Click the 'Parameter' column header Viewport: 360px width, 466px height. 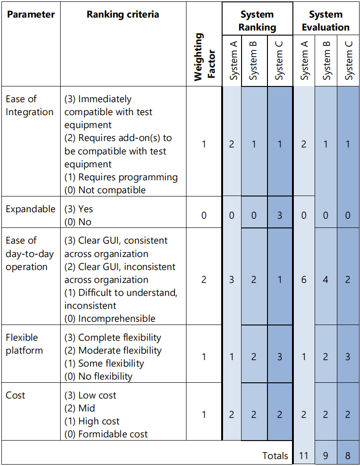point(31,14)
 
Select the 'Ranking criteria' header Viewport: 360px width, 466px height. point(123,14)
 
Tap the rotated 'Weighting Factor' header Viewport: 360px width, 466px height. point(204,57)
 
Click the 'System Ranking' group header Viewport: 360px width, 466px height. point(257,21)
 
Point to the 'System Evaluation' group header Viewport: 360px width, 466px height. point(326,21)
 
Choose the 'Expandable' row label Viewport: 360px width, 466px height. point(31,209)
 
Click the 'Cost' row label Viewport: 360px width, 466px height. point(16,395)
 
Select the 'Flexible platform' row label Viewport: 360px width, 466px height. point(24,344)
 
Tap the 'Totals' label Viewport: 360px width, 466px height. point(275,455)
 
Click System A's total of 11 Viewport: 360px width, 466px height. point(304,455)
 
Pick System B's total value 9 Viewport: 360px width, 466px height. point(326,455)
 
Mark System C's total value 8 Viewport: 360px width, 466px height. point(348,455)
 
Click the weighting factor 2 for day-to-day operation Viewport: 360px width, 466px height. point(204,280)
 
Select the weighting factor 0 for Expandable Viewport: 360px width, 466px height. point(204,215)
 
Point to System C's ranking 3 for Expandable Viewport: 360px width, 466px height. point(279,215)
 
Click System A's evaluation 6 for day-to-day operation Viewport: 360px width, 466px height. point(304,280)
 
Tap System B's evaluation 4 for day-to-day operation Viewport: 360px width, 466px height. point(326,280)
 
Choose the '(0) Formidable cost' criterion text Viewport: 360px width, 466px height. point(106,434)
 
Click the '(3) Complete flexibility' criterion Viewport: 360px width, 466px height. point(113,337)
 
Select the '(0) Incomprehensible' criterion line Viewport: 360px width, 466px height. point(110,319)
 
